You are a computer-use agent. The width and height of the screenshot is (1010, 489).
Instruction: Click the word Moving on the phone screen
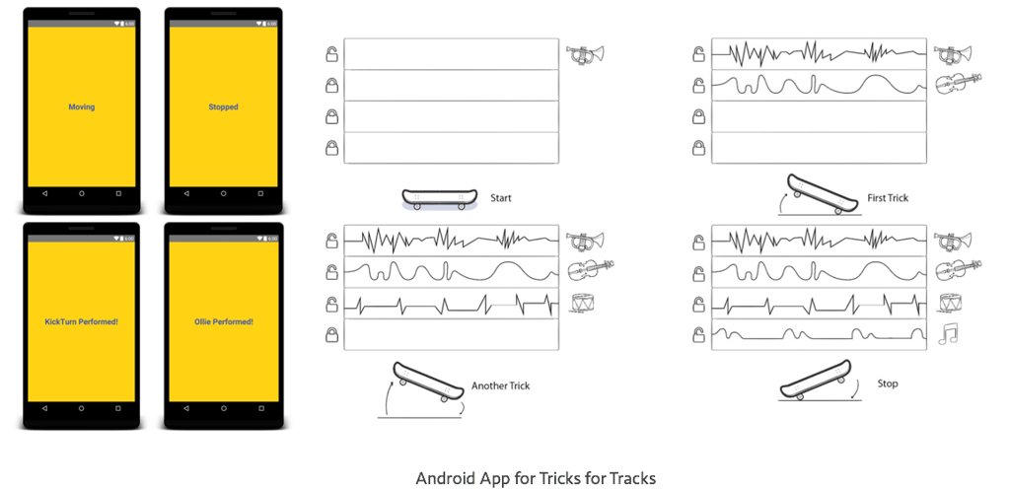click(82, 106)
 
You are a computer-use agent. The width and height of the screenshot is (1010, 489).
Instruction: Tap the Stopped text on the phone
click(223, 106)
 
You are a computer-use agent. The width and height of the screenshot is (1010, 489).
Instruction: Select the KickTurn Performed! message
click(82, 321)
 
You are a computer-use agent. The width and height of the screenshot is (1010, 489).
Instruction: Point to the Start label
click(501, 198)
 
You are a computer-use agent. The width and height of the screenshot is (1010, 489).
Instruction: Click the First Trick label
click(888, 198)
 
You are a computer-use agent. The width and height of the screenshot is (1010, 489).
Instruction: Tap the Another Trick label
click(500, 385)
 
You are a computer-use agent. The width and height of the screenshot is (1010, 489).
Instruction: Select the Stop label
click(888, 384)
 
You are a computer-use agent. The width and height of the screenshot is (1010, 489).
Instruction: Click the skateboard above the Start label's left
click(440, 199)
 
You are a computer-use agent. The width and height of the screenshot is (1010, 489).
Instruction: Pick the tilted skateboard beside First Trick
click(821, 195)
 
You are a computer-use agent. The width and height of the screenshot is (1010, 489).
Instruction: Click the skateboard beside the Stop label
click(815, 380)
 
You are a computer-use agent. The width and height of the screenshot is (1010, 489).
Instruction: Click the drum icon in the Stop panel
click(950, 303)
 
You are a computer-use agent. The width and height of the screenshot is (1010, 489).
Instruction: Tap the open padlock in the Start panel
click(332, 53)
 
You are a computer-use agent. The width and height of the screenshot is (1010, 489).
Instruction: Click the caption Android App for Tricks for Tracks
click(536, 478)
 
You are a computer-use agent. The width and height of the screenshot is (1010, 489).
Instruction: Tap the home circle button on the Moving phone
click(82, 194)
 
